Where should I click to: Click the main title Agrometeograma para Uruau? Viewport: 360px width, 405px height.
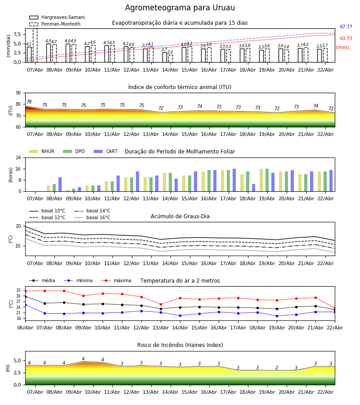[x=180, y=8]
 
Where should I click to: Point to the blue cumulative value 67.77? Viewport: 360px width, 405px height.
[x=346, y=27]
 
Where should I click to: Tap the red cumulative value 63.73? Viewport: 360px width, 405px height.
[x=346, y=39]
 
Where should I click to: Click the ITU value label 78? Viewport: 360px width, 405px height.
[x=29, y=102]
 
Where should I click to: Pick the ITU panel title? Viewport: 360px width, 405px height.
[x=180, y=87]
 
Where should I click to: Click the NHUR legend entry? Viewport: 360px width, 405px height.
[x=48, y=152]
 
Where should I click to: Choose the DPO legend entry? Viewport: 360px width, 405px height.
[x=80, y=152]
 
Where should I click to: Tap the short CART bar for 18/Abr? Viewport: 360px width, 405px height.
[x=254, y=188]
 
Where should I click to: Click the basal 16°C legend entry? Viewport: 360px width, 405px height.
[x=98, y=218]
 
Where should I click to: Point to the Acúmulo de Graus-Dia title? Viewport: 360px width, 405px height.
[x=180, y=216]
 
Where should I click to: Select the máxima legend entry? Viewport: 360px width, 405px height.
[x=122, y=281]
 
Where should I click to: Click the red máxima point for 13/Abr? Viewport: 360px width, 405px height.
[x=161, y=304]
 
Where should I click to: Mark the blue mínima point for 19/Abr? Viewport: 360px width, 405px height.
[x=277, y=316]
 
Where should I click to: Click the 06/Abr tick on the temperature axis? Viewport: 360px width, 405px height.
[x=25, y=327]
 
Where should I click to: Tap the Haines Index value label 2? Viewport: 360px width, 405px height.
[x=277, y=368]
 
